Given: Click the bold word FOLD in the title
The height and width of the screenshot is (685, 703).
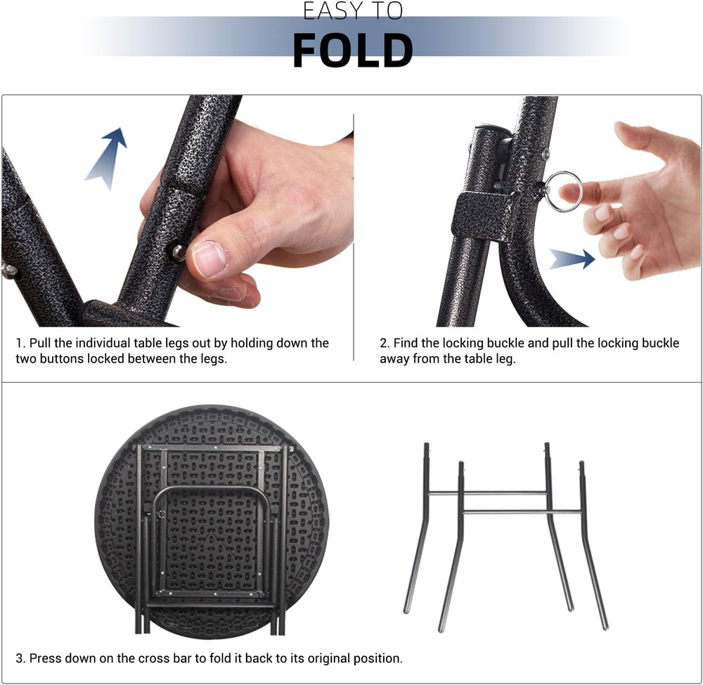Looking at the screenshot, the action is coord(352,50).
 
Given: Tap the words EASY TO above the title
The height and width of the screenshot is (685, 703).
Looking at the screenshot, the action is coord(352,11).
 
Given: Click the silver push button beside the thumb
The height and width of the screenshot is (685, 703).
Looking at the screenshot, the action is coord(179,253).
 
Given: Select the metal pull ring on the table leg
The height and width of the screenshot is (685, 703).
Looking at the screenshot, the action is coord(563,191).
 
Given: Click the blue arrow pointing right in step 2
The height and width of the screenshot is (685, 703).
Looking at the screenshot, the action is coord(572,259).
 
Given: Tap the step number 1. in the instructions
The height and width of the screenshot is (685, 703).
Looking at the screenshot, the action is coord(20,343).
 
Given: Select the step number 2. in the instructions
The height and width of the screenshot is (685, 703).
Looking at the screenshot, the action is coord(385,343).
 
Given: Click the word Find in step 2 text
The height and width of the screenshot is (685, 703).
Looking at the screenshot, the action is coord(404,343).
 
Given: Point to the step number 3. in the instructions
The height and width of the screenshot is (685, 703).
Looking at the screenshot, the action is coord(20,658).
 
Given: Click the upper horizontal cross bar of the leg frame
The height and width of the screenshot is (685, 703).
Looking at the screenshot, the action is coord(488,493).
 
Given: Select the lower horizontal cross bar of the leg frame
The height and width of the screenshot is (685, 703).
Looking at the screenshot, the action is coord(523,511).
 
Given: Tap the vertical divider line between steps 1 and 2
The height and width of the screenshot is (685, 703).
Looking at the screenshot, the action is coord(354,237).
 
